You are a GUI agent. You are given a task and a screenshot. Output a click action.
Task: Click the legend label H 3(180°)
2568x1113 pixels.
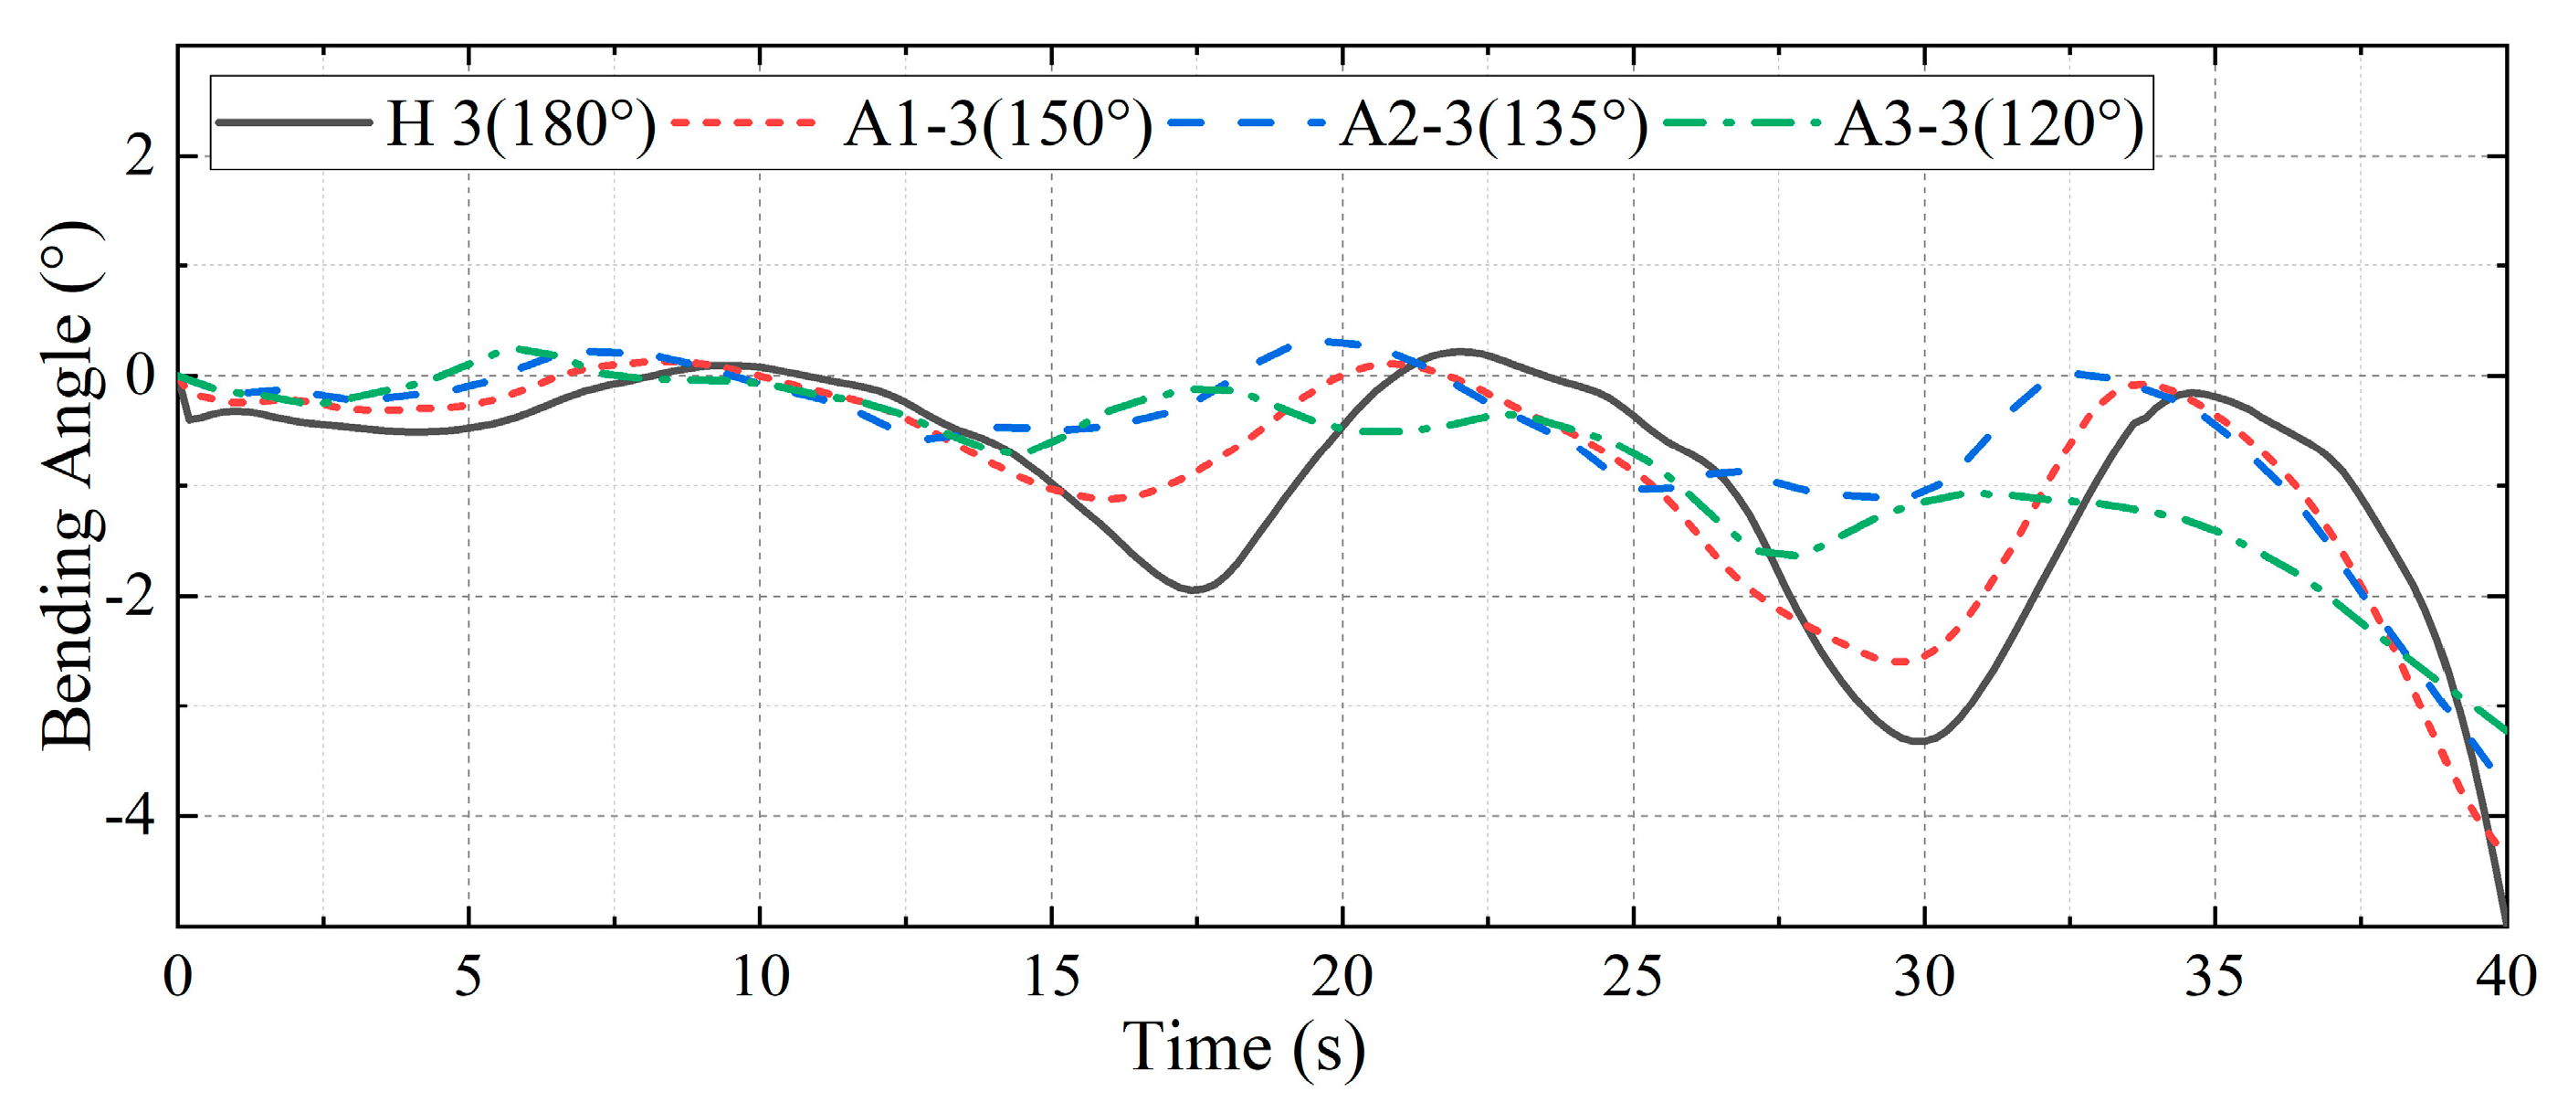coord(521,124)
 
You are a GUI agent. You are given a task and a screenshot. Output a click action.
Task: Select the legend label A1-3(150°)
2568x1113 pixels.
coord(997,124)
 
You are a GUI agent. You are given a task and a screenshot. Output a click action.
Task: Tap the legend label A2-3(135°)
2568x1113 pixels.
coord(1492,124)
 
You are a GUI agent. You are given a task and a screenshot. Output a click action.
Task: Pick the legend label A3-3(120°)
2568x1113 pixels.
coord(1988,124)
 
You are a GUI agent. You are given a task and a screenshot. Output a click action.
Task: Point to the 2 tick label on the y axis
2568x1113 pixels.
coord(140,156)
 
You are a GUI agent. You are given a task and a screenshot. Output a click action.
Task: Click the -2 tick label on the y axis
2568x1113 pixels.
coord(131,597)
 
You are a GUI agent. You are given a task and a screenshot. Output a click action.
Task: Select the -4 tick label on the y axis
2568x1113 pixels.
coord(131,817)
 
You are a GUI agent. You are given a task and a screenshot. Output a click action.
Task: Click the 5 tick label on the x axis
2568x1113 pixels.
coord(468,976)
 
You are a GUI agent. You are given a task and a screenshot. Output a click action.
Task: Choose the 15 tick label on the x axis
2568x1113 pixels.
coord(1051,976)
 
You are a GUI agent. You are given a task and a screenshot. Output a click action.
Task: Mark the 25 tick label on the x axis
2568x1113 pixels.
coord(1633,976)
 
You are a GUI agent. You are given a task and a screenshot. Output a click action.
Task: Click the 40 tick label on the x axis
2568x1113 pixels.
coord(2505,976)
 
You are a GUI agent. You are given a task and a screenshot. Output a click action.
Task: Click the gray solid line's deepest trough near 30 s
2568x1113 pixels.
coord(1919,741)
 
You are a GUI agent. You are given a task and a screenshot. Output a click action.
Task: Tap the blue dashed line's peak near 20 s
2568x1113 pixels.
coord(1326,341)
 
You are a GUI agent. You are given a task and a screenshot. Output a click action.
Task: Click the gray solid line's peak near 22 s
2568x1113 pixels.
coord(1461,351)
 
